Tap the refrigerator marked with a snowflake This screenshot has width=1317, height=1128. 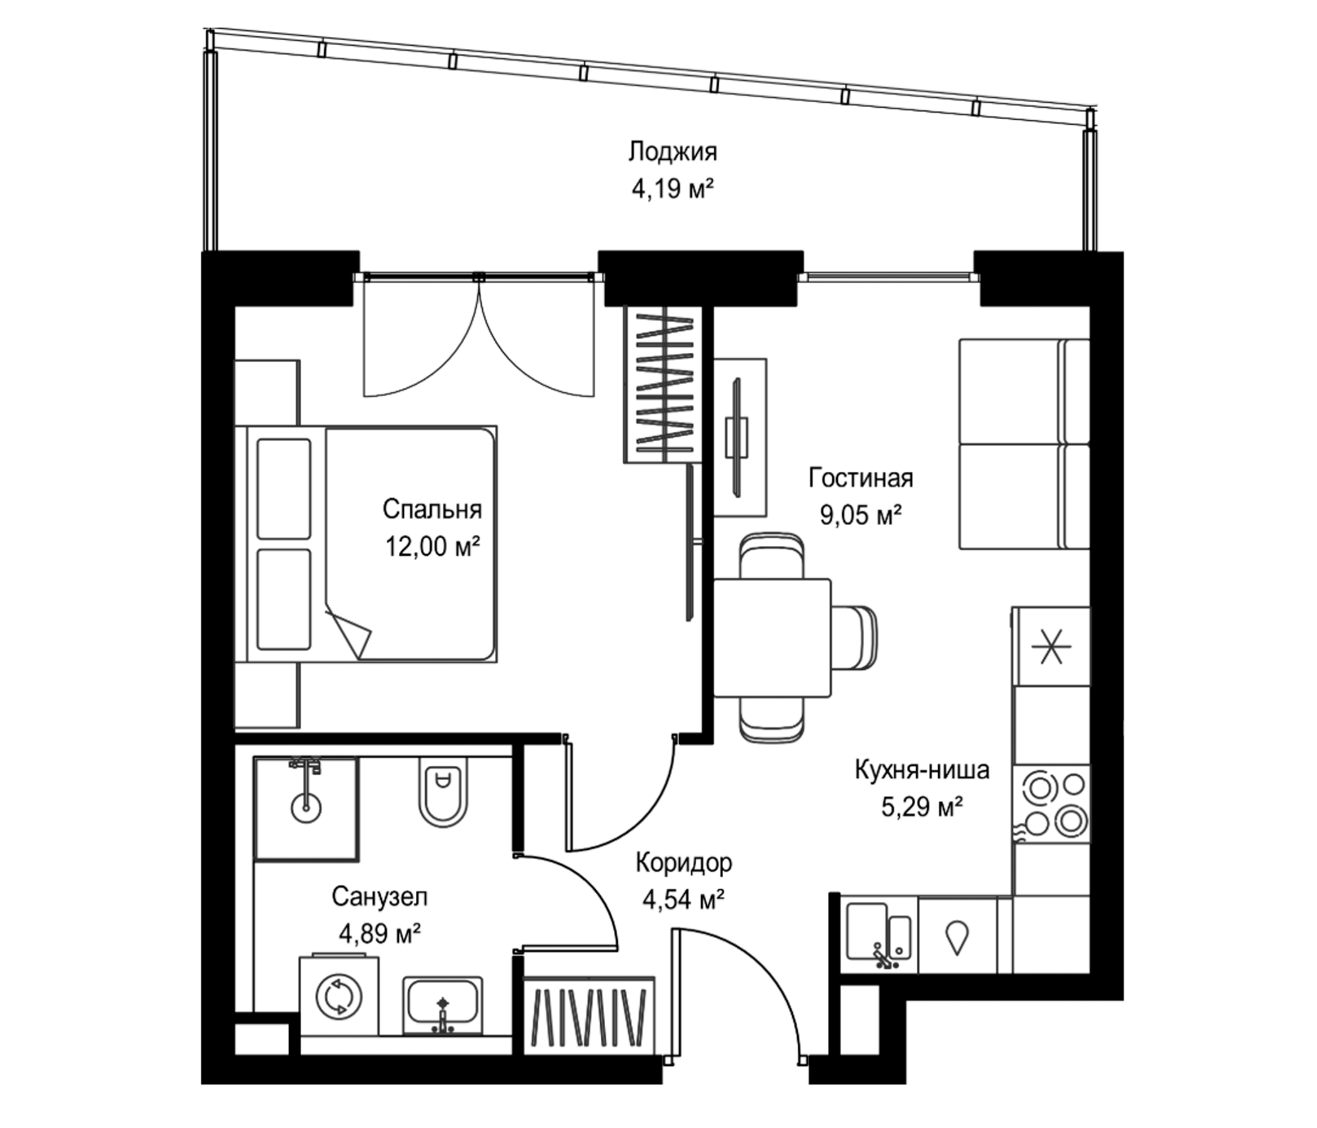pos(1051,646)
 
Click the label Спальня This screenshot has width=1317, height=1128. pos(432,509)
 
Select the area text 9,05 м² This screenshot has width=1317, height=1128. pos(860,515)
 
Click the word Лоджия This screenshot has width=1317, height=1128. pos(672,152)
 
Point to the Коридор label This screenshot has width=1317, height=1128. pos(684,863)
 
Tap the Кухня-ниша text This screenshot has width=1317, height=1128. pos(923,770)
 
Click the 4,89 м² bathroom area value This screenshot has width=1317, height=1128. pos(379,934)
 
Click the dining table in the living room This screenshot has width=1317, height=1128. pos(772,638)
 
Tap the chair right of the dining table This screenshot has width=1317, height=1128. pos(855,638)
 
